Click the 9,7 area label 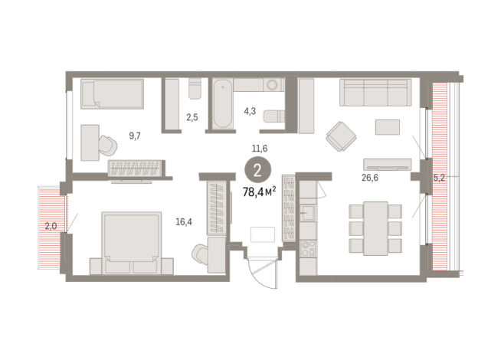coord(135,136)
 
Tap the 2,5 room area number coord(192,117)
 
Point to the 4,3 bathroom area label coord(250,111)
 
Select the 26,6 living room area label coord(370,178)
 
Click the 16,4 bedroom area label coord(184,221)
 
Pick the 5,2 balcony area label coord(439,178)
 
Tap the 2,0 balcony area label coord(51,227)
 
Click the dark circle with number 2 coord(258,170)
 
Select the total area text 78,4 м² coord(260,192)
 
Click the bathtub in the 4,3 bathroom coord(223,104)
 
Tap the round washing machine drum coord(273,85)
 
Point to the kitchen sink coord(307,212)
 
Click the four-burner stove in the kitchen coord(308,249)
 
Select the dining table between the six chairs coord(375,228)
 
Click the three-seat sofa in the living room coord(375,93)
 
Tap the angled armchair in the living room coord(341,136)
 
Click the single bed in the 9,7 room coord(112,94)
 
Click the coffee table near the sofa coord(388,127)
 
